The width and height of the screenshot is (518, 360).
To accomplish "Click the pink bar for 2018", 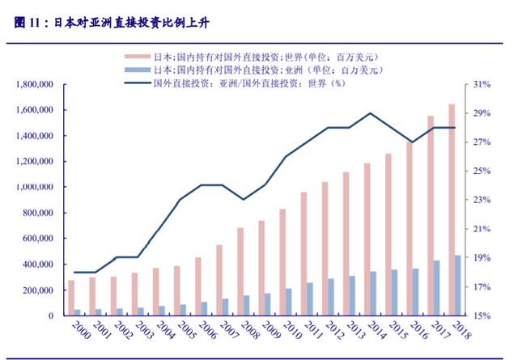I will click(452, 210).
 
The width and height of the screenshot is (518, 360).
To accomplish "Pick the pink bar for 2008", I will click(240, 272).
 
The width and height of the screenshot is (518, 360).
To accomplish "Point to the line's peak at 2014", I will click(370, 113).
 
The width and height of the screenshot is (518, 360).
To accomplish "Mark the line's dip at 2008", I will click(244, 199).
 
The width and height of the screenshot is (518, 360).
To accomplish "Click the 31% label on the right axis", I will click(482, 84).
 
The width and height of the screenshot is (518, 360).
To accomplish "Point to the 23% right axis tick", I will click(482, 200).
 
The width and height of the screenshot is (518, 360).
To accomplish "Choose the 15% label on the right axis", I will click(482, 316).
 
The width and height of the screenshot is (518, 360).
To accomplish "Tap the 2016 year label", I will click(407, 332).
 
